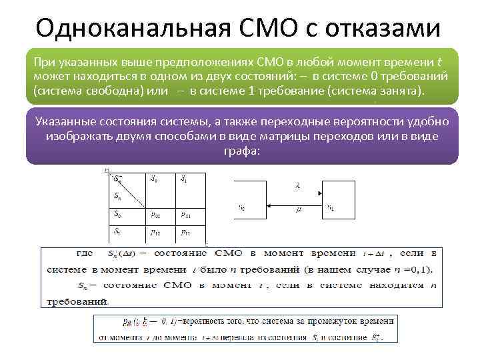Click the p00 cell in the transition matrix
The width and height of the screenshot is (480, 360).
coord(155,215)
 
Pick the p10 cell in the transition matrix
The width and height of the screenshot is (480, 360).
coord(155,233)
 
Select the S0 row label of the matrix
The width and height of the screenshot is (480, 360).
coord(118,215)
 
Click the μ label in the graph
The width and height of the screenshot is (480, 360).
coord(298,209)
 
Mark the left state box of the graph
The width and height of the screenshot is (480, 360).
coord(251,201)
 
